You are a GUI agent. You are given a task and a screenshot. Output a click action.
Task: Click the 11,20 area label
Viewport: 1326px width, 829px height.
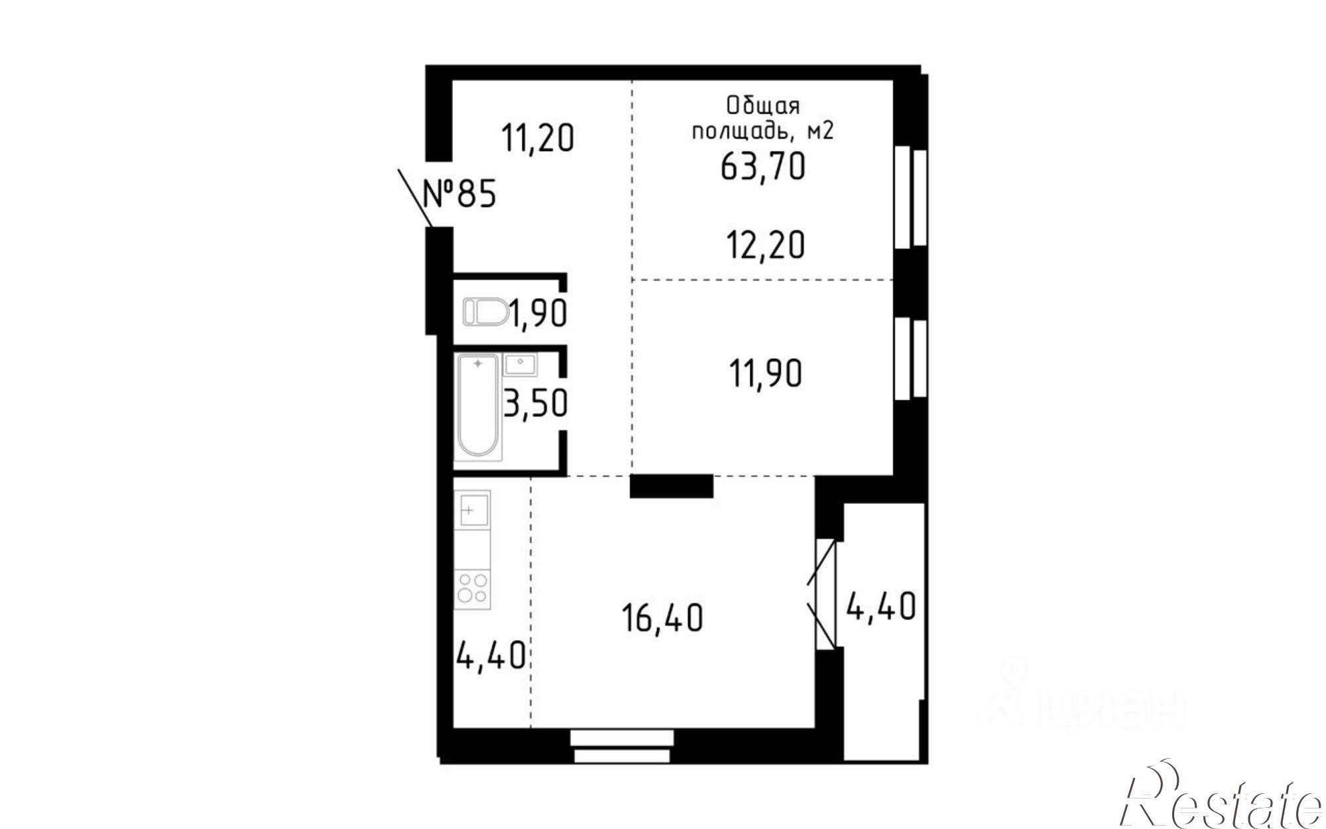(537, 139)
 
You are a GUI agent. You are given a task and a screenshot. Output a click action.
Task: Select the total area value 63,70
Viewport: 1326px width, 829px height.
(762, 166)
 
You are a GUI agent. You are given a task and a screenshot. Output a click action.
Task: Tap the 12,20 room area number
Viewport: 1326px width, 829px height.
(765, 245)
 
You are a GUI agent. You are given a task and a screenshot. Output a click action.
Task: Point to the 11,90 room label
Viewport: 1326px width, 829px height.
(765, 373)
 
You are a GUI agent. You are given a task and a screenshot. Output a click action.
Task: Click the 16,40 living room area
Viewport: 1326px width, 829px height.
(662, 619)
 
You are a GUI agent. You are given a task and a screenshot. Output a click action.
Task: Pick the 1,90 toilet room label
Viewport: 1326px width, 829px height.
(538, 314)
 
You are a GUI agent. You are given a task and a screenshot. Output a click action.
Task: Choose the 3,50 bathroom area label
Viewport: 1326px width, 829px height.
(536, 403)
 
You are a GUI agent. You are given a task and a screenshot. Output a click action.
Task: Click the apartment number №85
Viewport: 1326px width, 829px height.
(459, 195)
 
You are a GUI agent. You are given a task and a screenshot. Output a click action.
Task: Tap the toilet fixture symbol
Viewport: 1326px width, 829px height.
(485, 312)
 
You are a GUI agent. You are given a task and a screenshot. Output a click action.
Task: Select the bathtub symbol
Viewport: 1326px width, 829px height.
(477, 406)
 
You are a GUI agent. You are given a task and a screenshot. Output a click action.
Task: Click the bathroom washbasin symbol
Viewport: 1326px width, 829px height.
(520, 364)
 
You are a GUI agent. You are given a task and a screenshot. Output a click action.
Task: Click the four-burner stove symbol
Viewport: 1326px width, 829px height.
(472, 589)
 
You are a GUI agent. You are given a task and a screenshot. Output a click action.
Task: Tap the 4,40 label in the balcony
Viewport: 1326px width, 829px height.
(881, 606)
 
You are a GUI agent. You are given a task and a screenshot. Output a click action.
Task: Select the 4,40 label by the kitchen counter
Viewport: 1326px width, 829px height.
(491, 656)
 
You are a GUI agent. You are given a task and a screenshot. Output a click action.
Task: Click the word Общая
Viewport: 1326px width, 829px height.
(763, 106)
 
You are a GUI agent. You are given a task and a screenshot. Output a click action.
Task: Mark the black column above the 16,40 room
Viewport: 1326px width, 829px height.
(671, 486)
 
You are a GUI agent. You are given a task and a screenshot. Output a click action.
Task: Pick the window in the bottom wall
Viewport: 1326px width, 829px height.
(622, 745)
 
